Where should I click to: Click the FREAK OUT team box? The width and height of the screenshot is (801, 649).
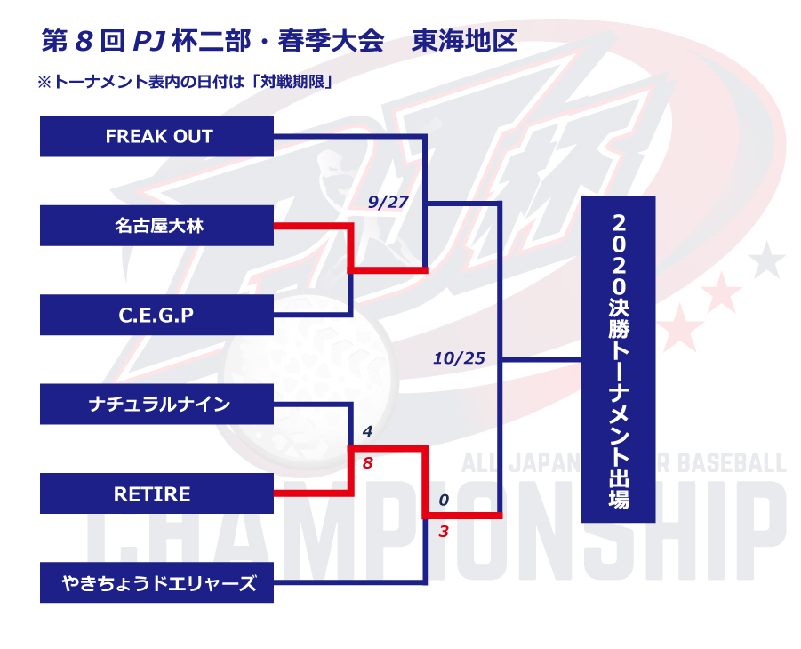(156, 136)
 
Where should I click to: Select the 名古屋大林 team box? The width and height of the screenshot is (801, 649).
(156, 226)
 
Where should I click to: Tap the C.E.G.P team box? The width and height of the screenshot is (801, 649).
(156, 315)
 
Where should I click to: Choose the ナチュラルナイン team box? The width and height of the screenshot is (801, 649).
(156, 405)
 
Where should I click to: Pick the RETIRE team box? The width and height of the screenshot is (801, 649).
(156, 493)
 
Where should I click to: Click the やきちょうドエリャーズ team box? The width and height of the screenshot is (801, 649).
(156, 582)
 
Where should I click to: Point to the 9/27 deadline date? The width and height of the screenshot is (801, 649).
(388, 203)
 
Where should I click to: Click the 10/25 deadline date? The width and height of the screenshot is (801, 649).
(460, 358)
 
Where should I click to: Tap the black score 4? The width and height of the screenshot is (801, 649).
(367, 432)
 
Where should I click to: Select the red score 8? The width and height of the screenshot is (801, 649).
(367, 463)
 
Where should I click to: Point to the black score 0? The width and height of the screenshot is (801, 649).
(444, 500)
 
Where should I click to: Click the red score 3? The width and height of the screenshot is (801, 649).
(444, 532)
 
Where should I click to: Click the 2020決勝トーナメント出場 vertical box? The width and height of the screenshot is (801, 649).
(618, 359)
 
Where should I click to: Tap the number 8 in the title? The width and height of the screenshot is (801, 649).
(84, 42)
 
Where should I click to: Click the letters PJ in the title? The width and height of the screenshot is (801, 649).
(148, 42)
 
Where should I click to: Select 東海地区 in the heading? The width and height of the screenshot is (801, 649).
(464, 41)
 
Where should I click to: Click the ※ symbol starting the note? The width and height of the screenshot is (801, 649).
(44, 83)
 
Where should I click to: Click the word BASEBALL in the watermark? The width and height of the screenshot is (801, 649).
(731, 462)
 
